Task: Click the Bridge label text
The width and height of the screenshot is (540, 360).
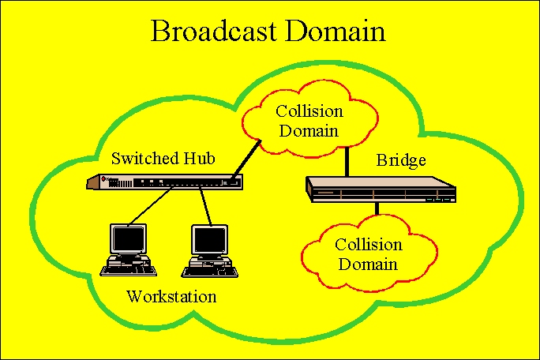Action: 400,160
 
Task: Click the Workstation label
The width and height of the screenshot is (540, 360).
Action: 171,297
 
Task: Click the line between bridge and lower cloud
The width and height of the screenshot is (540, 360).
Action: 377,209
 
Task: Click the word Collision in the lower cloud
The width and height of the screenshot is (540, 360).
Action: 367,246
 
